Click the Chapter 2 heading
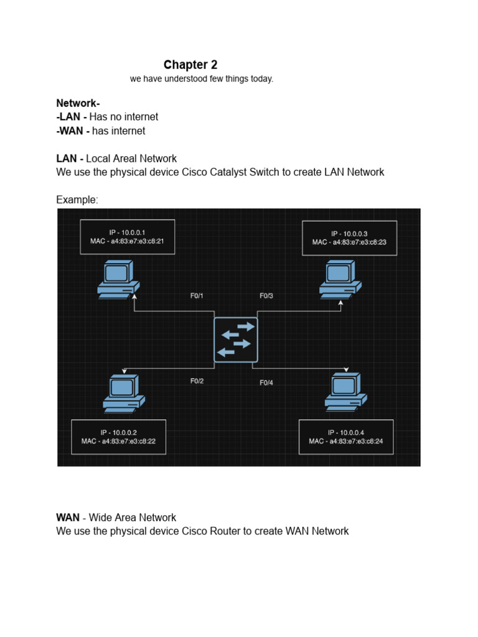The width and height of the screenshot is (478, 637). click(x=190, y=65)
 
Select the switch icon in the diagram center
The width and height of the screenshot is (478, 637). click(x=235, y=340)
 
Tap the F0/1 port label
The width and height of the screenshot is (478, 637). click(x=197, y=296)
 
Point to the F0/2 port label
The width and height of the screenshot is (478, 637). click(x=197, y=381)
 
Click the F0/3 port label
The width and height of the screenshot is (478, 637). click(x=266, y=296)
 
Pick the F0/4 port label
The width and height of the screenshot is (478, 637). click(x=266, y=383)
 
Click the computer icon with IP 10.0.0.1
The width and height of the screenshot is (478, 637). click(x=118, y=280)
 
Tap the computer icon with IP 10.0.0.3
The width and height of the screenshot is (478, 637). click(x=340, y=279)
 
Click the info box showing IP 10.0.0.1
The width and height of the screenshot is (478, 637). click(x=127, y=237)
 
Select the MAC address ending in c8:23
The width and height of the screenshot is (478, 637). click(x=349, y=242)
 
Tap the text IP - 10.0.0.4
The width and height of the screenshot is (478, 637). click(x=346, y=432)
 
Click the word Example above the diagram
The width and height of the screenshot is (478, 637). click(x=77, y=200)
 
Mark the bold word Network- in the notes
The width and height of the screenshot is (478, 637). click(x=78, y=103)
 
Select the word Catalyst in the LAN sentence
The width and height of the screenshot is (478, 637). click(x=222, y=172)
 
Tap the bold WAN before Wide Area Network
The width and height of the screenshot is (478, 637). click(x=67, y=518)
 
